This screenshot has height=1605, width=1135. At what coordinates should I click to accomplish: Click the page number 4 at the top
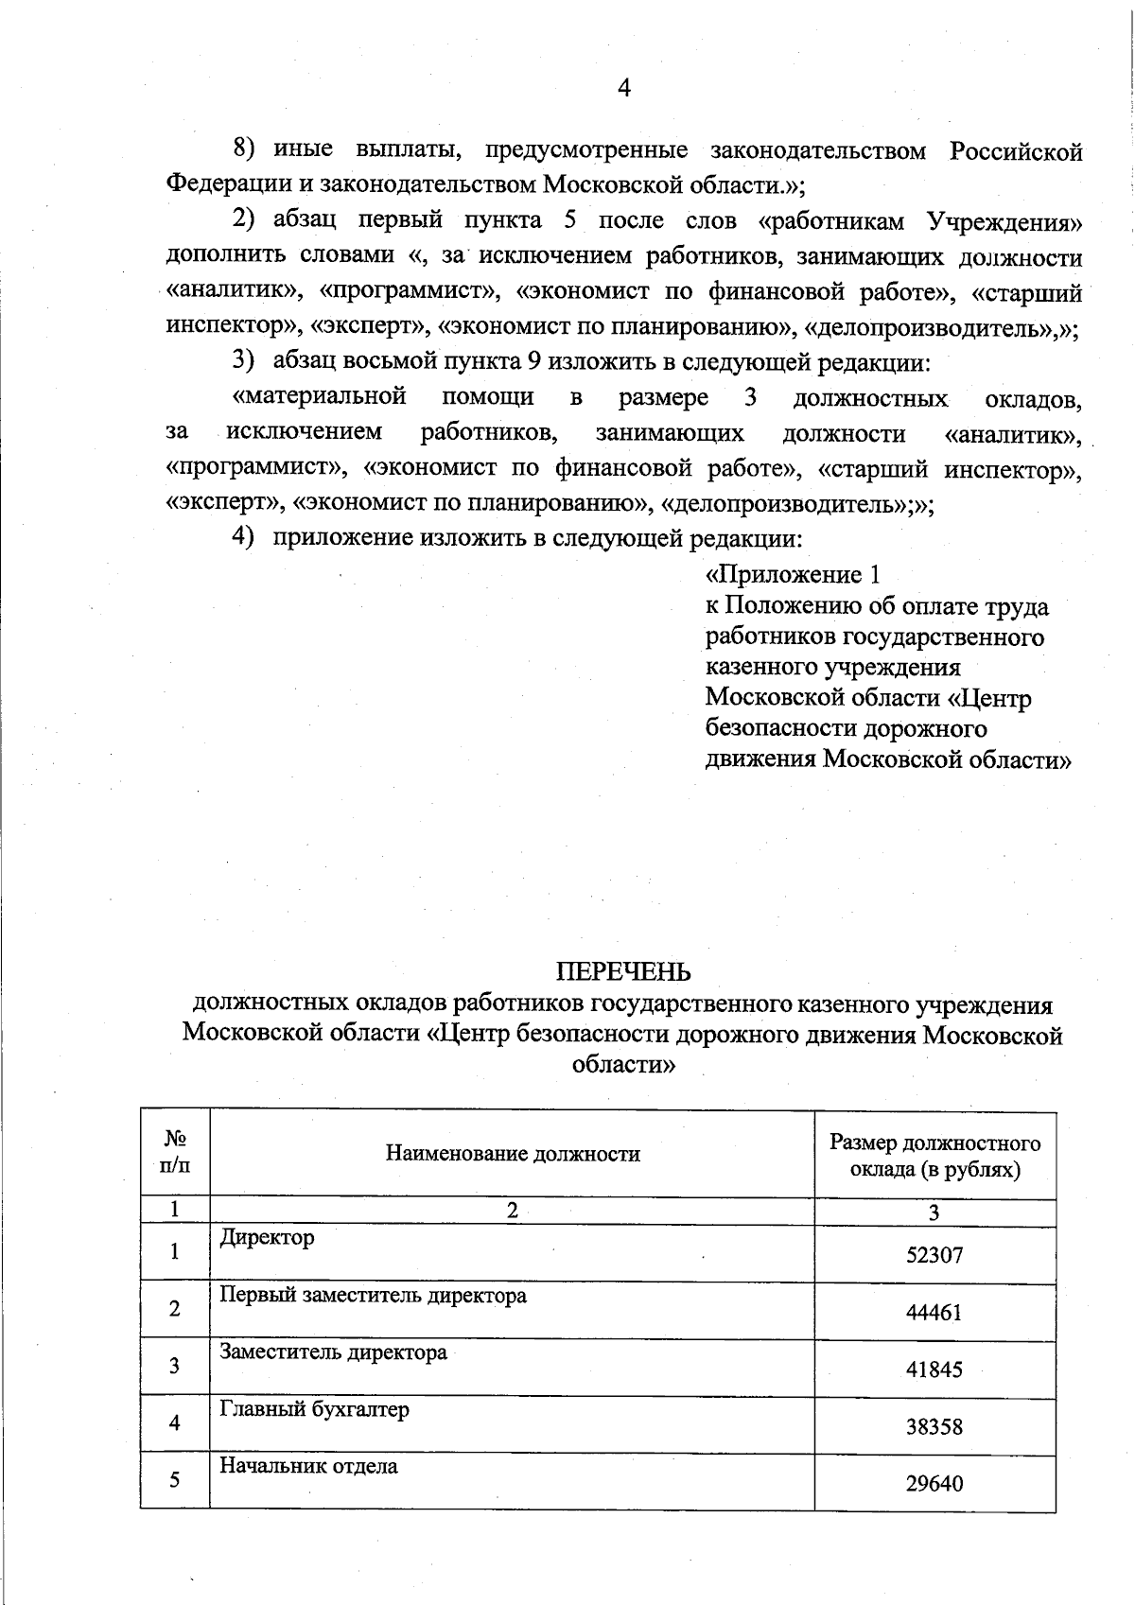tap(623, 89)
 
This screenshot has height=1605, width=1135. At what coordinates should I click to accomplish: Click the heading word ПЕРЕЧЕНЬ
tap(622, 972)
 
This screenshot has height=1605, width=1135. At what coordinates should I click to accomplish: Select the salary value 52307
tap(934, 1255)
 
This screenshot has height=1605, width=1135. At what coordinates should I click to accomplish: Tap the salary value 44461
tap(934, 1312)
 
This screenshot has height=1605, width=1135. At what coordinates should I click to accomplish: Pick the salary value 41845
tap(934, 1369)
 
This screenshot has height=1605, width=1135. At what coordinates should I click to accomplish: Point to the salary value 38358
tap(934, 1426)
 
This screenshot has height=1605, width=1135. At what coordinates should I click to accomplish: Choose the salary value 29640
tap(934, 1483)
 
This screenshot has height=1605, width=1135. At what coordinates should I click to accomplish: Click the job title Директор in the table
tap(267, 1237)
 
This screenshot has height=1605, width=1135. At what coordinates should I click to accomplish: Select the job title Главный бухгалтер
tap(314, 1409)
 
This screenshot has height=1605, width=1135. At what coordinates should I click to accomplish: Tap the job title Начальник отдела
tap(308, 1466)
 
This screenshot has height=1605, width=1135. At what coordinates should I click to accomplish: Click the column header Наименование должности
tap(512, 1154)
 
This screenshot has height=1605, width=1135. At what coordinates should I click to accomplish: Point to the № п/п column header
tap(175, 1153)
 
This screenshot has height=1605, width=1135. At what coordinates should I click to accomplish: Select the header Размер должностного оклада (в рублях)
tap(934, 1156)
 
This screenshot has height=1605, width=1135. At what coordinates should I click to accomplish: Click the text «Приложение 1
tap(794, 575)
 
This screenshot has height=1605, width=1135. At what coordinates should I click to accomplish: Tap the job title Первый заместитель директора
tap(373, 1295)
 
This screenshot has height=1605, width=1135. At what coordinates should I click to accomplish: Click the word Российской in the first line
tap(1016, 151)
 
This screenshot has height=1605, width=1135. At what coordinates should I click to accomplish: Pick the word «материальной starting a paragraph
tap(320, 397)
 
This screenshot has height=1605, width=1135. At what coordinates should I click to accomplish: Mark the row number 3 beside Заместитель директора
tap(174, 1366)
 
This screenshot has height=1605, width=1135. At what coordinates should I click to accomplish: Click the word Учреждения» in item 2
tap(1004, 221)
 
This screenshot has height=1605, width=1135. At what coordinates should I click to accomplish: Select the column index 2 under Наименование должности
tap(512, 1212)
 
